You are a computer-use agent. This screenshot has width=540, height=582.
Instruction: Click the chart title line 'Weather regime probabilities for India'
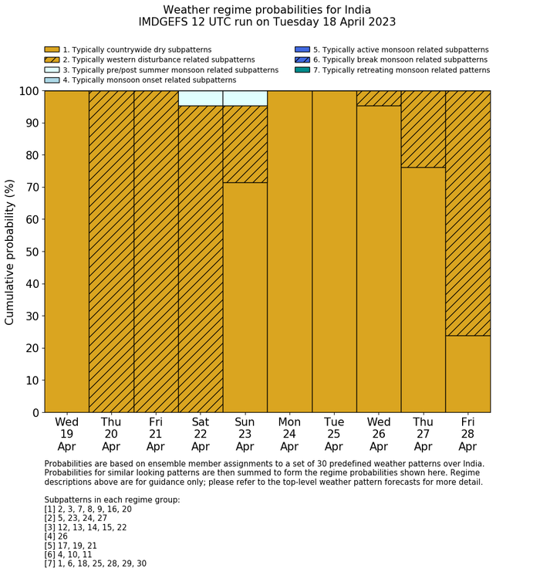(x=267, y=9)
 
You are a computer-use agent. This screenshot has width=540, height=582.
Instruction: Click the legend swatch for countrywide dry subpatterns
(x=52, y=49)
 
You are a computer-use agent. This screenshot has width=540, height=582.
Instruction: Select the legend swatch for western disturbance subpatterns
(x=52, y=59)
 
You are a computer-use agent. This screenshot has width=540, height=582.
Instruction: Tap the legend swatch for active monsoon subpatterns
(x=302, y=49)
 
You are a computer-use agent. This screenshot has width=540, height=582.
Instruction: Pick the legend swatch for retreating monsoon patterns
(x=302, y=69)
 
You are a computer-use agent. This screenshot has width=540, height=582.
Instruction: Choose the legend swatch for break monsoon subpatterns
(x=302, y=59)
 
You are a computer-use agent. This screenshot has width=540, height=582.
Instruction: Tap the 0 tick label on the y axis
(x=34, y=413)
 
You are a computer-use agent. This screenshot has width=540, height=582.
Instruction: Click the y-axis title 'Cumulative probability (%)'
(x=10, y=252)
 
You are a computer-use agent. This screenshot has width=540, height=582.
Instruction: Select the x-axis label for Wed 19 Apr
(x=66, y=435)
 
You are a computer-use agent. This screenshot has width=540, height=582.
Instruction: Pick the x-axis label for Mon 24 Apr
(x=289, y=435)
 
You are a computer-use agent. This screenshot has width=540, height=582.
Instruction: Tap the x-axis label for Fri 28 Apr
(x=467, y=435)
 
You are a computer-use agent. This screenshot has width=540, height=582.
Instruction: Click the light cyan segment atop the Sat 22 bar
(x=201, y=98)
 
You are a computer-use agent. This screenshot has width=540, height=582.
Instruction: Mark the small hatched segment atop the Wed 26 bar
(x=379, y=98)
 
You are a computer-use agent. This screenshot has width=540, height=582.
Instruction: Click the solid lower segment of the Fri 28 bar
(x=467, y=374)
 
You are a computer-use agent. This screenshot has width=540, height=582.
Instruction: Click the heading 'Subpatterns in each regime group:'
(x=112, y=500)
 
